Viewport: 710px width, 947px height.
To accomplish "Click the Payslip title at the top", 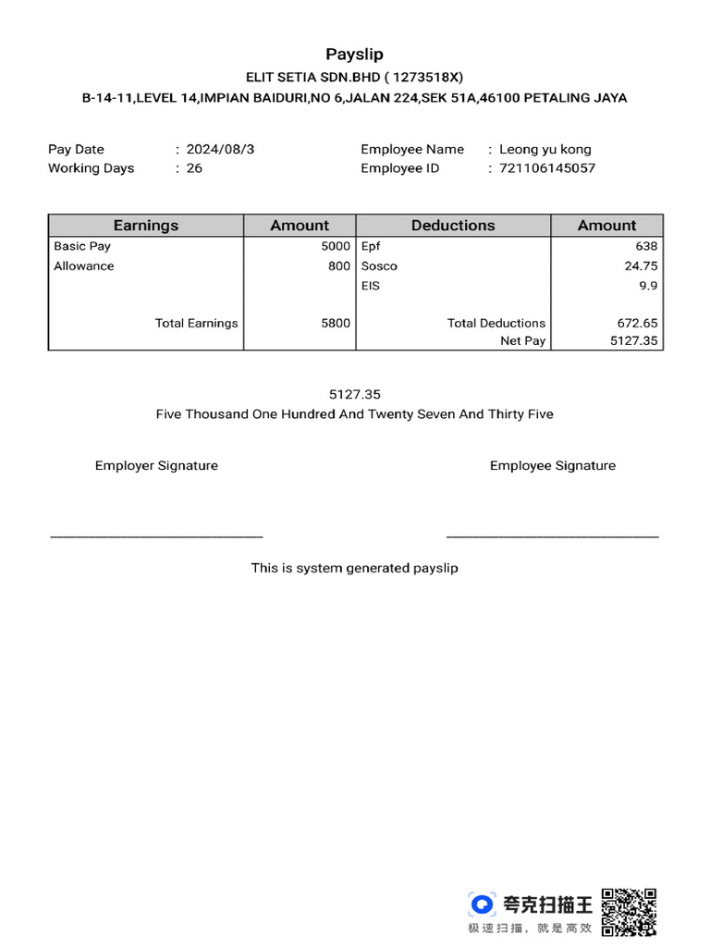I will point(354,55).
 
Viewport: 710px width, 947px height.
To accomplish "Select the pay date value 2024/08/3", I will point(220,149).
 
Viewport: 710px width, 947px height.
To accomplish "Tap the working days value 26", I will point(194,168).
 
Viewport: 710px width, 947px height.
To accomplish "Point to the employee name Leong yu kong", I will point(545,149).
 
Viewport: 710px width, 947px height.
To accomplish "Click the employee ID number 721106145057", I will point(547,168).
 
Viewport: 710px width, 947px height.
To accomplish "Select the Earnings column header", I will point(146,226).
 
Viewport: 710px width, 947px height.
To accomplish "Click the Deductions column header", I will point(453,226).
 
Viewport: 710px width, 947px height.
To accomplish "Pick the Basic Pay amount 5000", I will point(336,247).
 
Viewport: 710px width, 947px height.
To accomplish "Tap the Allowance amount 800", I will point(339,266).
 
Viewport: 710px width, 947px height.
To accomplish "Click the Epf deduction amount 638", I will point(646,247).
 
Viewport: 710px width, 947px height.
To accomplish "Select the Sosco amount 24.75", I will point(641,266).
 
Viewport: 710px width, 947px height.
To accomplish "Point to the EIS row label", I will point(371,286).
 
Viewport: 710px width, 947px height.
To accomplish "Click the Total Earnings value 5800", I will point(336,324).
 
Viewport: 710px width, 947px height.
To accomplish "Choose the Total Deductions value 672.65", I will point(637,324).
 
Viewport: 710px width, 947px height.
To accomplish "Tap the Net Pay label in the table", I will point(523,341).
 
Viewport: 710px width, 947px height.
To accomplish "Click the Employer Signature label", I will point(156,466).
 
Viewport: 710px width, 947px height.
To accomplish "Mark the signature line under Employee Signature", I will point(553,535).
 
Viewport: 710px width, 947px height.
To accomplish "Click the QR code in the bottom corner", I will point(629,911).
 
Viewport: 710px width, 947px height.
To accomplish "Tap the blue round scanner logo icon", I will point(482,904).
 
